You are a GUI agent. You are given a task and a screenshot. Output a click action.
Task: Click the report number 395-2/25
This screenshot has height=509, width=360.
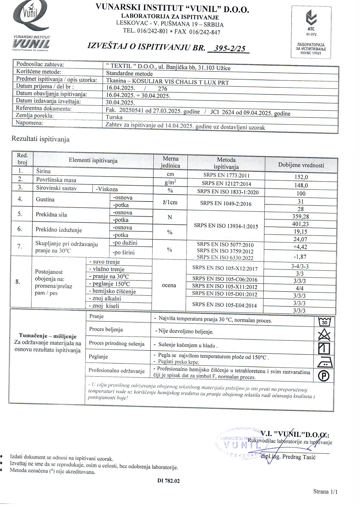coord(229,48)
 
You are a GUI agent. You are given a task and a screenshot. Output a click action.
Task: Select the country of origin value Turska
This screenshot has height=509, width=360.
coord(114,117)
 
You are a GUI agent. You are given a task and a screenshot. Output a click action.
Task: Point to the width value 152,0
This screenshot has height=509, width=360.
coord(301,177)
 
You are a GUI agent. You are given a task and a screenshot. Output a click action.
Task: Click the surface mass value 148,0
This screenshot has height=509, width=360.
coord(301,185)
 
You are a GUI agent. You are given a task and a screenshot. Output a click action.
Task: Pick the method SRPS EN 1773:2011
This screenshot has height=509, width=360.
coord(226,175)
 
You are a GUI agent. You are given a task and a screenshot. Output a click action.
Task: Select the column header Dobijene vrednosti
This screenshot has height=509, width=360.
coord(301,165)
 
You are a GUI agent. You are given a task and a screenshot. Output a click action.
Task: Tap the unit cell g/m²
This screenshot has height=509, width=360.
coord(170,183)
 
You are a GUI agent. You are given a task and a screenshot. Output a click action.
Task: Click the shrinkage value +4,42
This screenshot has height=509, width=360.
coord(300,247)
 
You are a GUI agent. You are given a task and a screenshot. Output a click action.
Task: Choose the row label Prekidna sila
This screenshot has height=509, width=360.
coord(51,215)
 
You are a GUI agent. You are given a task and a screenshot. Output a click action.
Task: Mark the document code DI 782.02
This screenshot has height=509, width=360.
coord(168,481)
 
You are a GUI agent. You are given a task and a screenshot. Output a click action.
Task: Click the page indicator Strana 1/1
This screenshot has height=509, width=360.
coord(325,492)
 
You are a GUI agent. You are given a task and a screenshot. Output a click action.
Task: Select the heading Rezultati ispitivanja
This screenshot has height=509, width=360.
coord(40,139)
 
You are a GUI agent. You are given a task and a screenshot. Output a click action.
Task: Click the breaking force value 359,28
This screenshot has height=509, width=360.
coord(300,217)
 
